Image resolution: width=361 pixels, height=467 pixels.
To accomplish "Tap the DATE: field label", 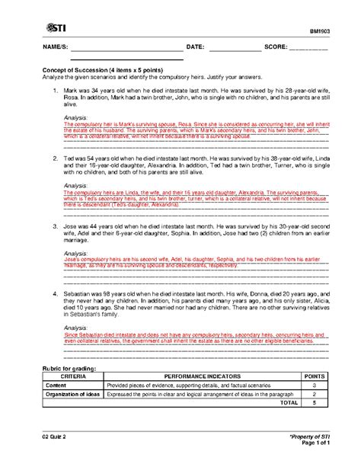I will click(x=195, y=46).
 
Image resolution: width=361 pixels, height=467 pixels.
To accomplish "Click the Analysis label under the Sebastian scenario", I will click(x=75, y=325).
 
